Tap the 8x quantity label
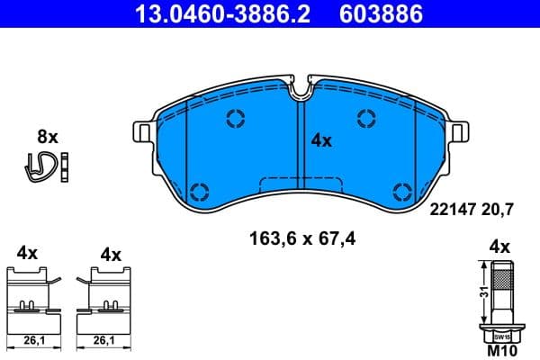point(47,137)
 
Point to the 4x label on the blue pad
point(321,140)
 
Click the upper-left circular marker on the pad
point(237,118)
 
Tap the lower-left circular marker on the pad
point(199,190)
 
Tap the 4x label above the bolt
point(499,247)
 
